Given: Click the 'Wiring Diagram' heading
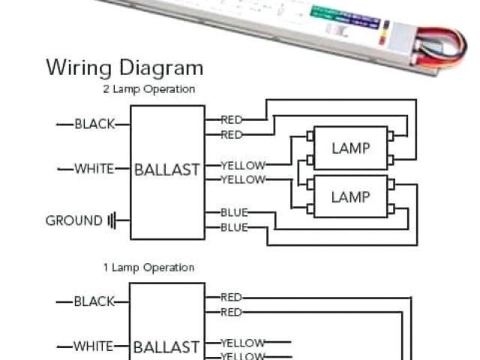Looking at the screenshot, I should [x=124, y=67].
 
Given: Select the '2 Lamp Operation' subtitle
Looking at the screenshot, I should [x=149, y=89].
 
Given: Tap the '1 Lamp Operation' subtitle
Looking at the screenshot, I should [x=148, y=268].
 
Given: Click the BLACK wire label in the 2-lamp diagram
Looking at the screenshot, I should [x=94, y=124].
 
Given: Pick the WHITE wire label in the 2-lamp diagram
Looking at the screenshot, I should [x=94, y=169].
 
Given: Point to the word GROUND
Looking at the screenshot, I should [x=73, y=220].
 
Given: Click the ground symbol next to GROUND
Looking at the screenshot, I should [x=112, y=220].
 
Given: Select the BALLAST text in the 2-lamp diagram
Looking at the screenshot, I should [x=167, y=170].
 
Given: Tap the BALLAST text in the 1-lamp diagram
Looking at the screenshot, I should [x=167, y=347].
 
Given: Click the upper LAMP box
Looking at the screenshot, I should [x=350, y=148].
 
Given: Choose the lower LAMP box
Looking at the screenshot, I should [x=350, y=196].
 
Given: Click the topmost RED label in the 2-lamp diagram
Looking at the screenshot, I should [x=232, y=120].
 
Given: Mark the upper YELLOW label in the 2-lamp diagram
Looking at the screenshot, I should [x=243, y=165].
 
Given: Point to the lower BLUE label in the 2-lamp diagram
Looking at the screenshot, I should [x=234, y=227].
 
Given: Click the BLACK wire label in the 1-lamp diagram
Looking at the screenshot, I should [x=94, y=301].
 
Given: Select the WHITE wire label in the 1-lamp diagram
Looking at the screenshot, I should [x=94, y=346].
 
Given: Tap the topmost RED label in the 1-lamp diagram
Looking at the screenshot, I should [x=232, y=298].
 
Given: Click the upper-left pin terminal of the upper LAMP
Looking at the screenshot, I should [x=309, y=136].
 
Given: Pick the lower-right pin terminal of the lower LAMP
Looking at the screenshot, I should [x=391, y=208].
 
